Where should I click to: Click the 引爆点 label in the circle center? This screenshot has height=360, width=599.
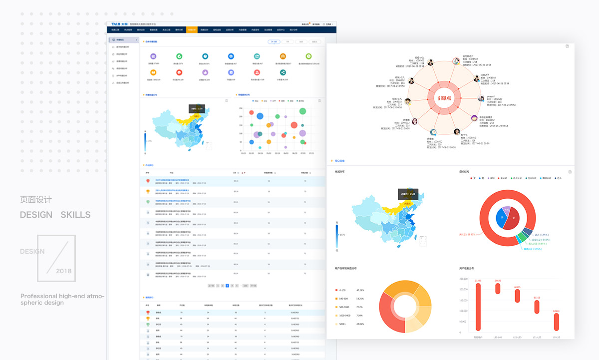click(441, 98)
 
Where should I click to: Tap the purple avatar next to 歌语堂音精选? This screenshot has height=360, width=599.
click(474, 119)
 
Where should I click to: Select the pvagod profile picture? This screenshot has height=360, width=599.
click(482, 98)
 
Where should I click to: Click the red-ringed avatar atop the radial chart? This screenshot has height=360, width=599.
click(456, 61)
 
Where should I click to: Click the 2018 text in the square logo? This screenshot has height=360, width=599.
click(64, 271)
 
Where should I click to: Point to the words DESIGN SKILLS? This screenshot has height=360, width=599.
click(55, 215)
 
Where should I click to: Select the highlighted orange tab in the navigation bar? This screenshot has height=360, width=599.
click(192, 30)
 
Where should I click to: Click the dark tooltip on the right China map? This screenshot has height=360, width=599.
click(407, 194)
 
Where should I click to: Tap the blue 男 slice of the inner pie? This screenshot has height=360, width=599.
click(500, 219)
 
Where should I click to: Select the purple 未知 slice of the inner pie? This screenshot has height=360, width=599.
click(507, 210)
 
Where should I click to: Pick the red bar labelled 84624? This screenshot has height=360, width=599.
click(556, 322)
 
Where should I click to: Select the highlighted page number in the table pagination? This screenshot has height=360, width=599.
click(227, 286)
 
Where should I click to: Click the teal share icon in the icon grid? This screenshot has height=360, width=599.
click(283, 72)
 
